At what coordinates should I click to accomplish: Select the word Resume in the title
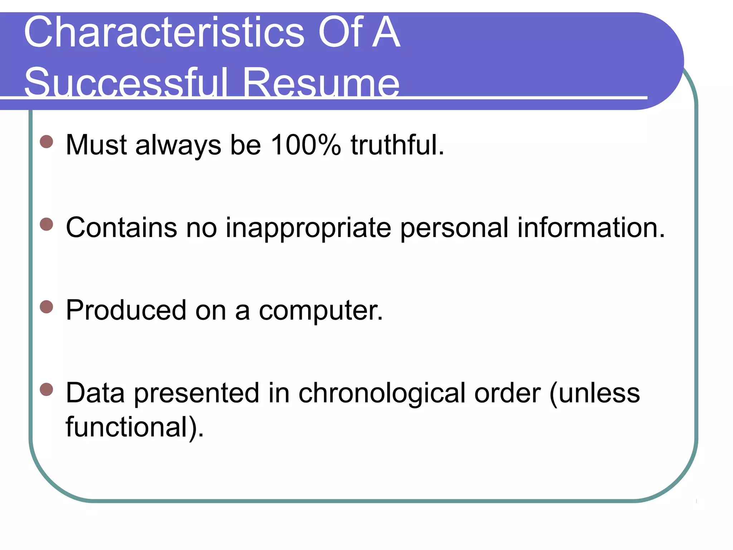(x=321, y=83)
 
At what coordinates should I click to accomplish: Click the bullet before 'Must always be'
(x=47, y=141)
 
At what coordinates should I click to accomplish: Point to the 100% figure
(x=306, y=145)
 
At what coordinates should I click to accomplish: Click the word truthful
(x=397, y=145)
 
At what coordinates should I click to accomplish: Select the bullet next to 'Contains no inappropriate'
(x=47, y=225)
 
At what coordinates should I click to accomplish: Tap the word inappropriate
(x=308, y=228)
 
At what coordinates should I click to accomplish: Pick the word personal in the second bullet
(x=454, y=228)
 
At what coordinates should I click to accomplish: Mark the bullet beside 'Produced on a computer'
(x=47, y=307)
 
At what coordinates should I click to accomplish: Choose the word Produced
(x=126, y=310)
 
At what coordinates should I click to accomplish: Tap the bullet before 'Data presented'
(x=47, y=390)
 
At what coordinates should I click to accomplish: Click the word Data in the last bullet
(x=95, y=393)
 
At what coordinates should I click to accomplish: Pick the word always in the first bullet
(x=178, y=145)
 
